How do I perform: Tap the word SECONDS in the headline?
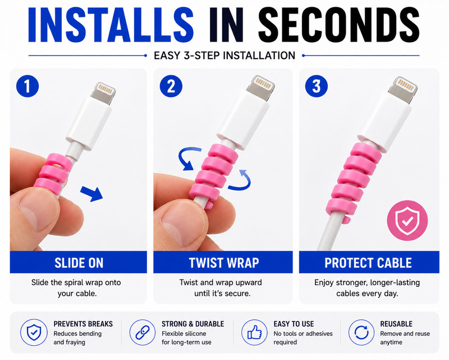[339, 25]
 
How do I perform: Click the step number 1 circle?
[28, 85]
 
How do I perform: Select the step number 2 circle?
[171, 86]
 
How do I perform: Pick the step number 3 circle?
[317, 86]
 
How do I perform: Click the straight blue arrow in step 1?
[91, 193]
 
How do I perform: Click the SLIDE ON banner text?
[79, 263]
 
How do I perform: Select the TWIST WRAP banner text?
[223, 263]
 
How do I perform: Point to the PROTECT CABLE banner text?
[368, 263]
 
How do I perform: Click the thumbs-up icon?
[254, 332]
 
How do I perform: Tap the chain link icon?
[143, 332]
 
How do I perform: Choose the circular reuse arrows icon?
[361, 332]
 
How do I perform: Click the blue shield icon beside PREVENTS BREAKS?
[34, 332]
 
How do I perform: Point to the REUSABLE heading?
[396, 324]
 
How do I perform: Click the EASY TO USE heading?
[294, 324]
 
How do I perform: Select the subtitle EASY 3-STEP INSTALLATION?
[224, 56]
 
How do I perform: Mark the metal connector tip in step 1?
[103, 93]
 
